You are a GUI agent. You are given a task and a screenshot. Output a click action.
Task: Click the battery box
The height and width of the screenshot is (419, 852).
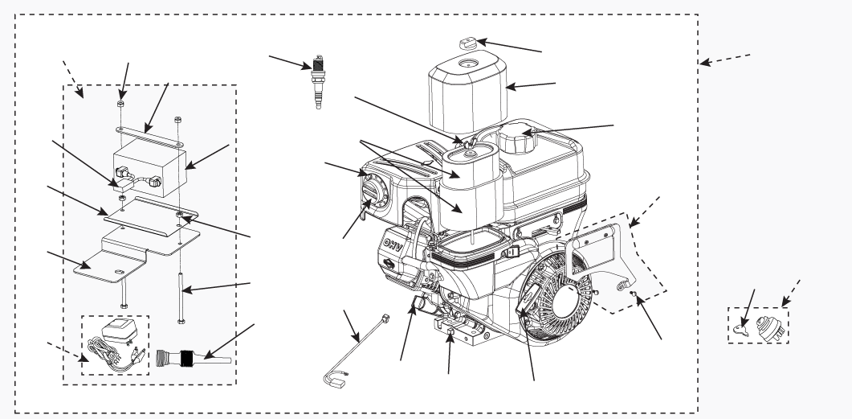(150, 166)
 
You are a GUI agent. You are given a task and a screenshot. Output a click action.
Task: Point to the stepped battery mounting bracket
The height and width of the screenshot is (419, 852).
(120, 257)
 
